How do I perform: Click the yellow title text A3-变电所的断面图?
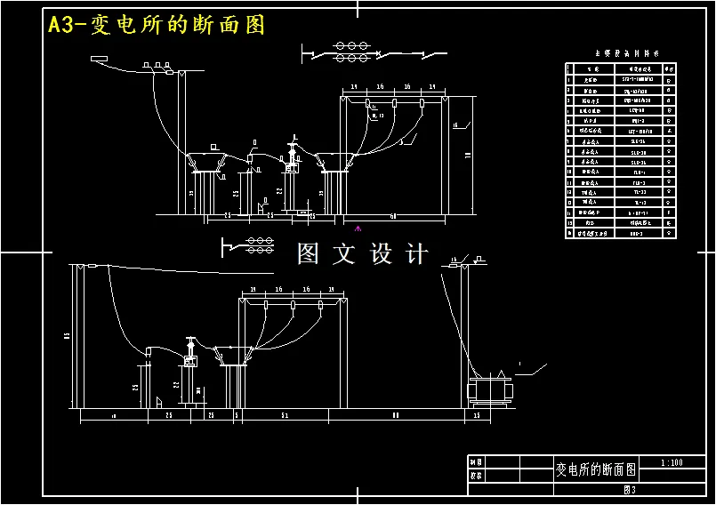click(157, 25)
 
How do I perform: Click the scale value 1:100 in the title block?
click(672, 462)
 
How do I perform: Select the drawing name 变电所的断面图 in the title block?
click(596, 469)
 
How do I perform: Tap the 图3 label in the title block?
click(631, 490)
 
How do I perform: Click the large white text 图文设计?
click(362, 254)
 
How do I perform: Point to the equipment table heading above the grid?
click(620, 53)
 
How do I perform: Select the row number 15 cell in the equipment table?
click(570, 224)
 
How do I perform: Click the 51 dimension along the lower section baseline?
click(284, 415)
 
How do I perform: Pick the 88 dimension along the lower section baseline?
click(396, 415)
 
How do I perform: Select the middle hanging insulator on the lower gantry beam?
click(293, 307)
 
